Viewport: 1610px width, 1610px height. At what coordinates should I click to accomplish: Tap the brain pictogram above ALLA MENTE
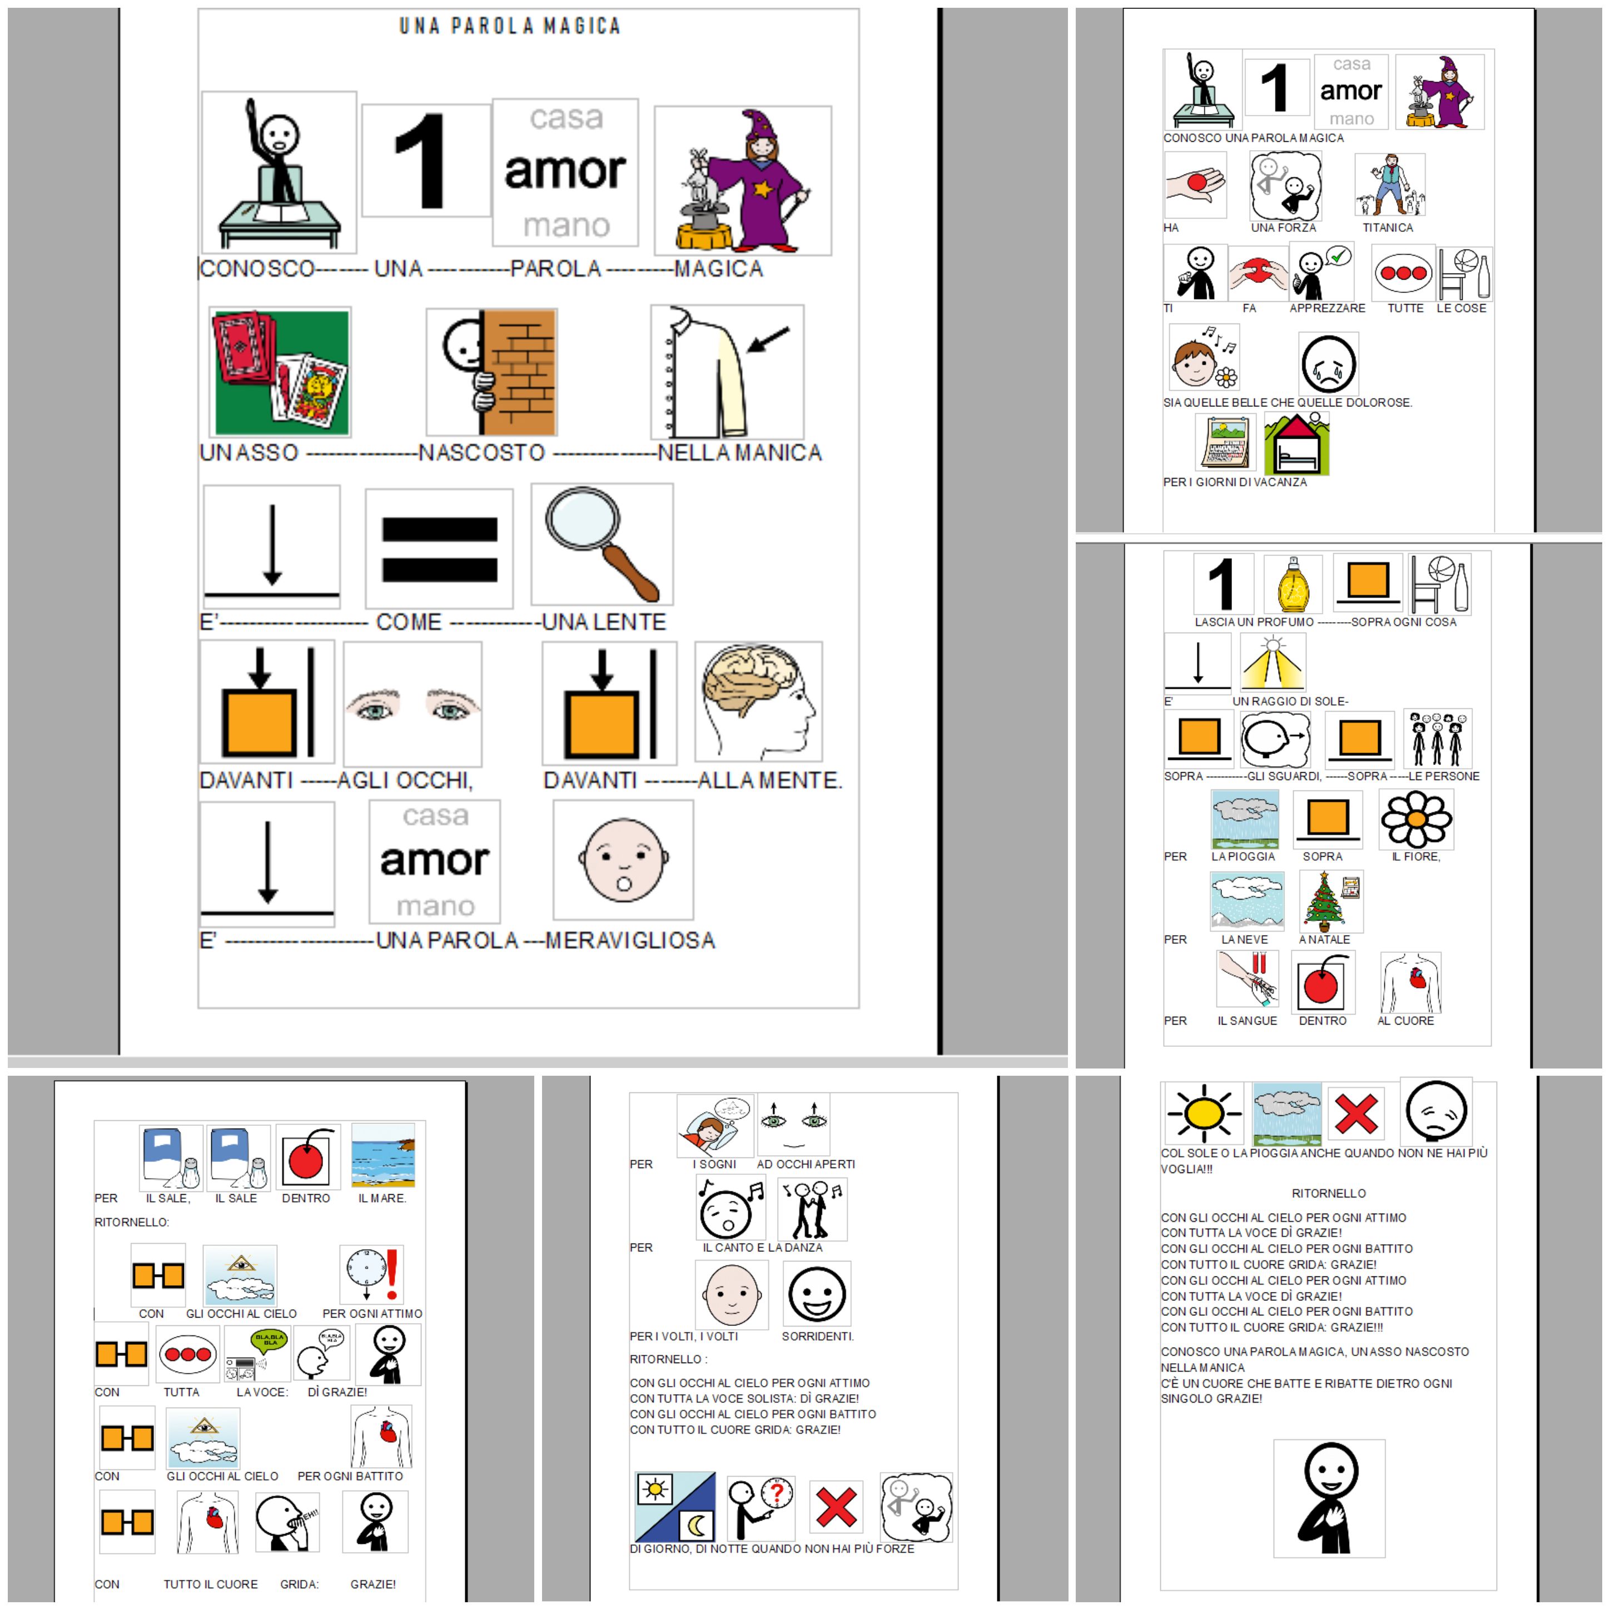tap(758, 702)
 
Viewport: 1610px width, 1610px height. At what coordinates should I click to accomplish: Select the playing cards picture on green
tap(281, 372)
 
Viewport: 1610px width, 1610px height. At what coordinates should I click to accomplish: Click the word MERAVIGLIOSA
tap(630, 941)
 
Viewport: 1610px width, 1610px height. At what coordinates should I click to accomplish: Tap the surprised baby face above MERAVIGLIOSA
tap(623, 860)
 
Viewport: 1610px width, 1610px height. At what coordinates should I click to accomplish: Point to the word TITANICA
tap(1388, 227)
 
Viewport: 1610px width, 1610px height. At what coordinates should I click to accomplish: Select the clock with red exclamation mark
tap(372, 1274)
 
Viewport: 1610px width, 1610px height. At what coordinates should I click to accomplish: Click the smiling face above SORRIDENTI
tap(817, 1293)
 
